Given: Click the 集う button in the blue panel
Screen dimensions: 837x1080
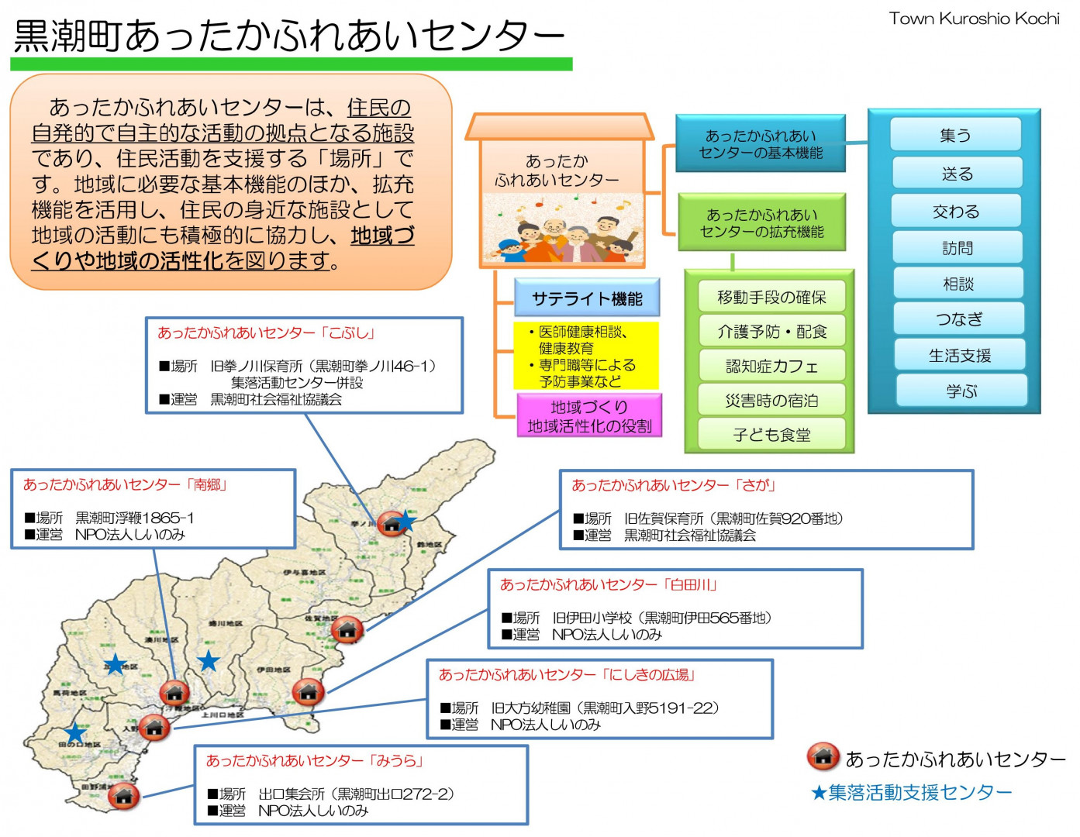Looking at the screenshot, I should point(955,135).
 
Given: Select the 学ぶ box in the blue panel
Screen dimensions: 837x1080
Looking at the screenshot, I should point(961,391).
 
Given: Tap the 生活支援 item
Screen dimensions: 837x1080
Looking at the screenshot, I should point(960,355).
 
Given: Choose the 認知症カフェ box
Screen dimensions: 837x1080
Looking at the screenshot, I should point(771,366).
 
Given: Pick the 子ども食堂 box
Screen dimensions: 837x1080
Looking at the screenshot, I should point(771,435).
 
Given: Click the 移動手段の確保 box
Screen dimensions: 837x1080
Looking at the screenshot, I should point(771,297).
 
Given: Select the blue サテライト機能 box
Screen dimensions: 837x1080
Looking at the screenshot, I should point(587,298).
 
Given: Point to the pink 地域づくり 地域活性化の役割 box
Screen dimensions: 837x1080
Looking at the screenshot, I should point(589,416).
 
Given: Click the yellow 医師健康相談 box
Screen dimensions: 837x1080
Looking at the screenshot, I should point(586,356).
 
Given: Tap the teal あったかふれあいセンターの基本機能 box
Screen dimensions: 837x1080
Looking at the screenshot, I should point(761,144).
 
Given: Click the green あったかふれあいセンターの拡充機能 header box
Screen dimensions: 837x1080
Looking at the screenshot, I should point(761,222).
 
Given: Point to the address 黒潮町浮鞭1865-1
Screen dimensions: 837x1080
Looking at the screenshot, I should point(135,518).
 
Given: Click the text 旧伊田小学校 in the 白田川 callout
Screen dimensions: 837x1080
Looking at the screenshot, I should point(592,618).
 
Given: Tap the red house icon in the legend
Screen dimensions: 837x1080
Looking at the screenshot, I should point(823,757).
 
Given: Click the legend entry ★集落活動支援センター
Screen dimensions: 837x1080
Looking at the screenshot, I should point(912,792).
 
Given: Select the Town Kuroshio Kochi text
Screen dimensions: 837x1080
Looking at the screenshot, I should point(974,19).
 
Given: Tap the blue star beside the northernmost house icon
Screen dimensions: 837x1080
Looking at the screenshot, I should point(406,521).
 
